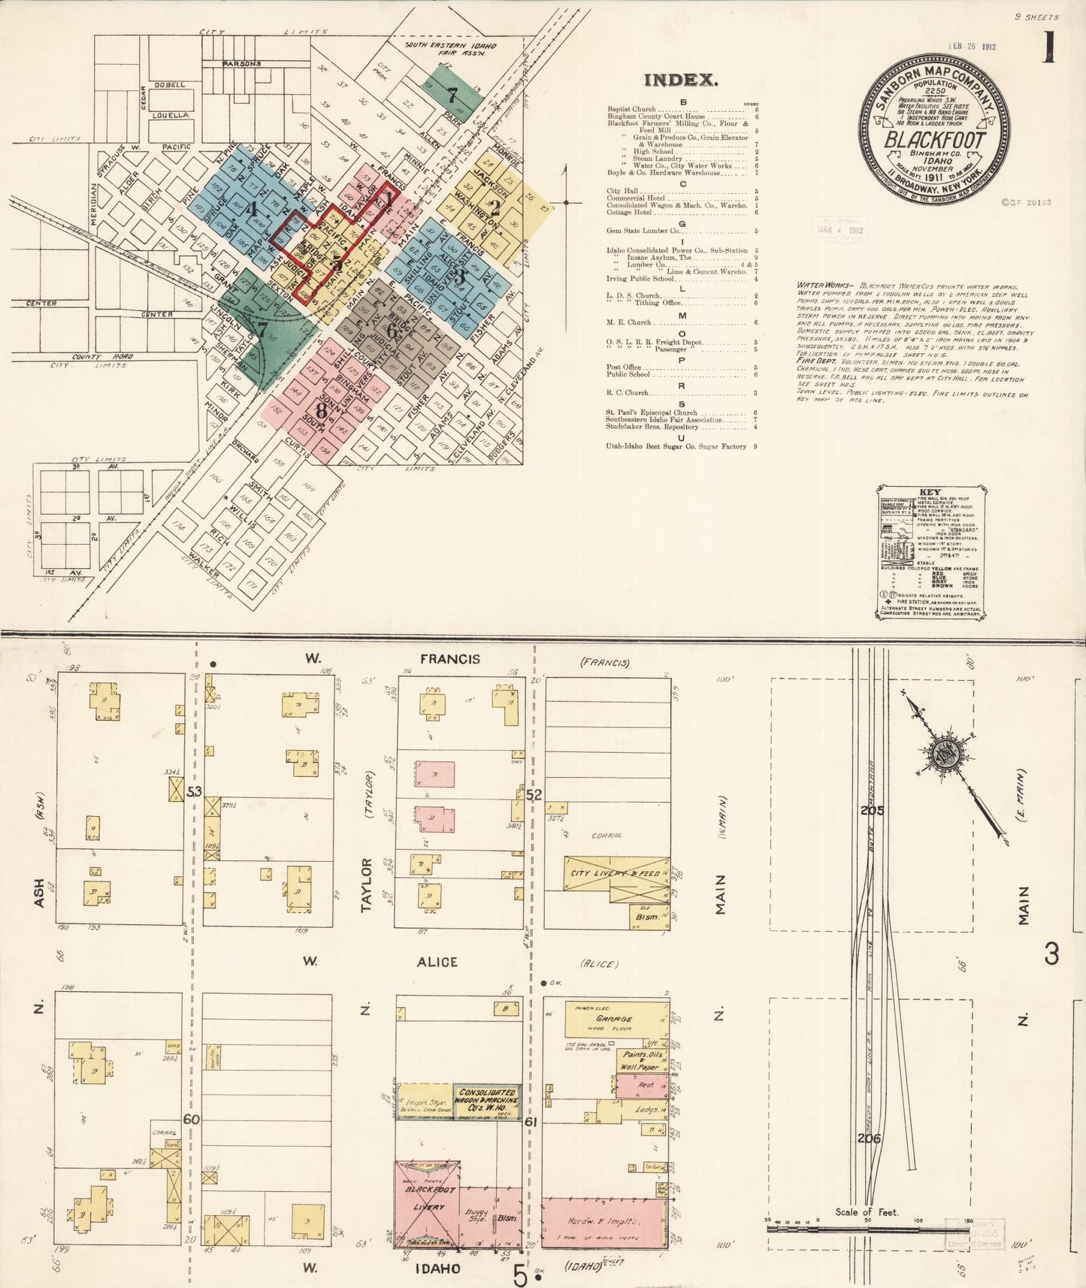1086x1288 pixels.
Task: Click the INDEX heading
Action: [681, 80]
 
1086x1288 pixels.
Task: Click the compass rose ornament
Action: [944, 757]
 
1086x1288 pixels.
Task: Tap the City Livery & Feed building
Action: [616, 873]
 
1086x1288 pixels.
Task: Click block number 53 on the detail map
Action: [195, 792]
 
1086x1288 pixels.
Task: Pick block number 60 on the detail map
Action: [192, 1120]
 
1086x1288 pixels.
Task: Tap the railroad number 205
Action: [873, 811]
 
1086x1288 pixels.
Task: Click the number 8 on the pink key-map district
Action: [321, 411]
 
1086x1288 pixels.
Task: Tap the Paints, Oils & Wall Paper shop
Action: [637, 1060]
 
